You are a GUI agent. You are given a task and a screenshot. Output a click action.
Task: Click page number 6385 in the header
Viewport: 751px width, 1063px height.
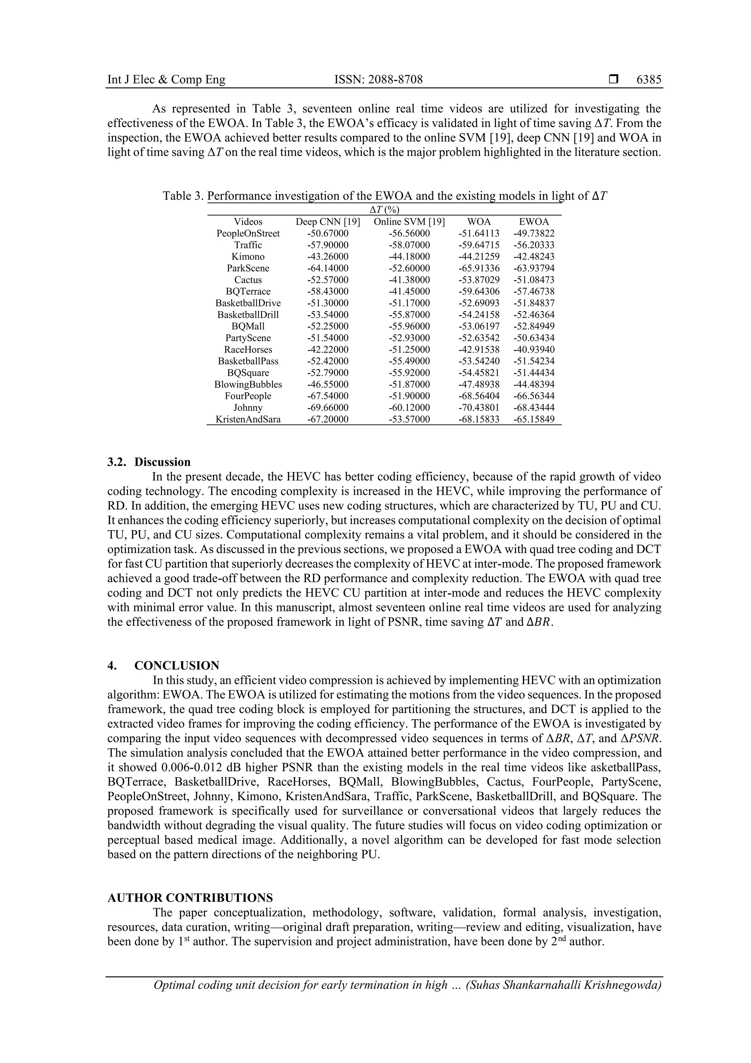coord(649,80)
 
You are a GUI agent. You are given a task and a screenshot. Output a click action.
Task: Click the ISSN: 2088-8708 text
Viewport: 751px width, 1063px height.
coord(378,80)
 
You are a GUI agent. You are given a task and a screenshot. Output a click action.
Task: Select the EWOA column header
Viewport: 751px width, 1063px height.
coord(534,222)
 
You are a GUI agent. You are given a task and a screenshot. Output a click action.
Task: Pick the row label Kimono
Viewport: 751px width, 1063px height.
coord(248,256)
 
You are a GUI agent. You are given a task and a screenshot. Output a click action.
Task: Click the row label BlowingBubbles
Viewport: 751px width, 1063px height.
coord(248,384)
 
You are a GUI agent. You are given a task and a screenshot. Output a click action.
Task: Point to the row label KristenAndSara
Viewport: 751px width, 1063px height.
coord(248,419)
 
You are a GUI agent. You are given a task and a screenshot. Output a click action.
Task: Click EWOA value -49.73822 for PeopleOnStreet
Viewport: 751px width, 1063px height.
coord(534,233)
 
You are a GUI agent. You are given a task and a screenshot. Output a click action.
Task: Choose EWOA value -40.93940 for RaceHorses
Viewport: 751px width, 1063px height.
coord(534,350)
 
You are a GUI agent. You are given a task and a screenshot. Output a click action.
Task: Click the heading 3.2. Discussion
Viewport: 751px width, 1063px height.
coord(149,462)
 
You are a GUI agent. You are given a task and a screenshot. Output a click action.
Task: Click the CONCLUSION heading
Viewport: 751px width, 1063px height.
coord(177,666)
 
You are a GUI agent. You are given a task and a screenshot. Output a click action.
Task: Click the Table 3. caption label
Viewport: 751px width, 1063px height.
coord(183,196)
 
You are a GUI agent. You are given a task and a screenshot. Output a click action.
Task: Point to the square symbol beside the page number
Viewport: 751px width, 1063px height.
coord(613,80)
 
